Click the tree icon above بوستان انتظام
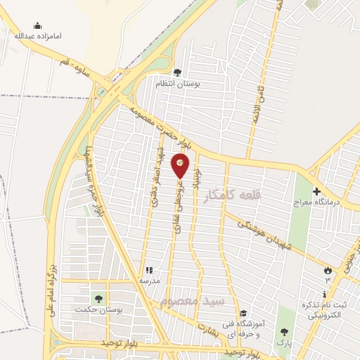[177, 72]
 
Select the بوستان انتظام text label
[198, 83]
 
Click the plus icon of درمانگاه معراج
[316, 191]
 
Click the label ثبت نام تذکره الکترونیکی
[324, 309]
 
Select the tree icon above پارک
[284, 332]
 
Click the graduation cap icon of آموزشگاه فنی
[243, 314]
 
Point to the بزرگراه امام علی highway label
[51, 289]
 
